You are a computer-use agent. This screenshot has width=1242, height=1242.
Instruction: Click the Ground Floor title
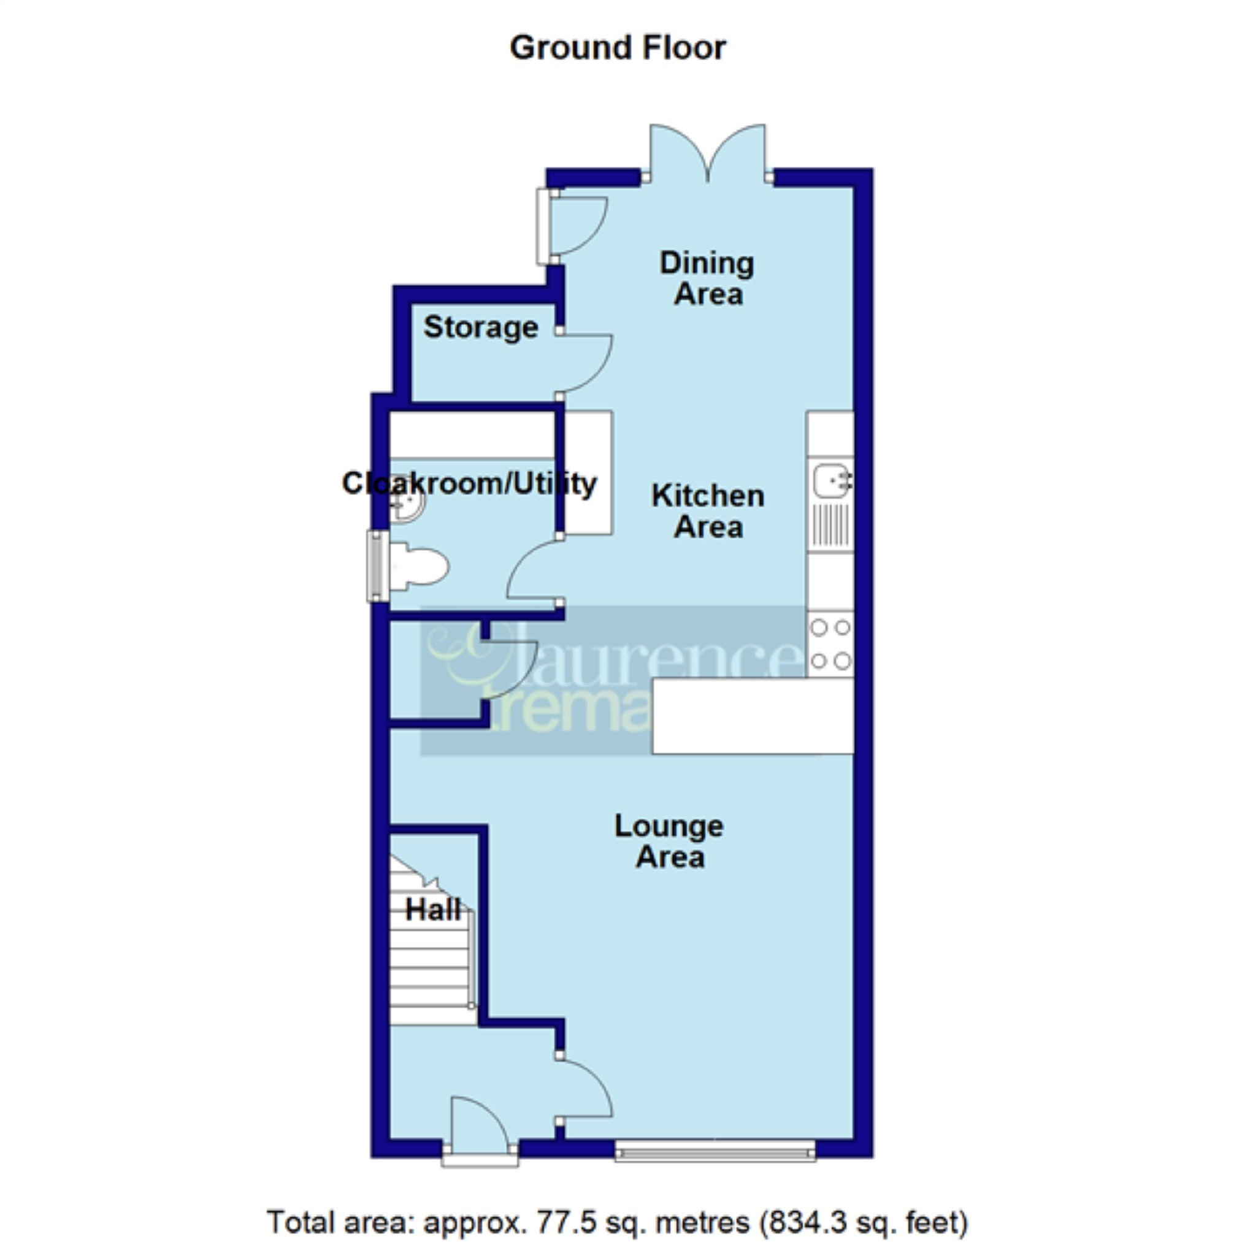click(617, 48)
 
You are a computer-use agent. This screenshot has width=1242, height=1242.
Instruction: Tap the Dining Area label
click(707, 279)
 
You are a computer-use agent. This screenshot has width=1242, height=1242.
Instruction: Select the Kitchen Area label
click(708, 512)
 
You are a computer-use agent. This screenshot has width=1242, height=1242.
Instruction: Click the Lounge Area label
click(669, 841)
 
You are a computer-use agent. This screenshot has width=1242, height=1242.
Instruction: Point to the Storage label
click(480, 328)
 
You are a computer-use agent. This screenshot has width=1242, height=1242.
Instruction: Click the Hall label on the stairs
click(433, 910)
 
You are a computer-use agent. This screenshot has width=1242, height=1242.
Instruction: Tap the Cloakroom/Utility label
click(469, 483)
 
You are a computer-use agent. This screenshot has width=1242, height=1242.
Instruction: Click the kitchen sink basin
click(831, 480)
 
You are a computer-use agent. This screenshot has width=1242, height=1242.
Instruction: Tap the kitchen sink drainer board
click(830, 525)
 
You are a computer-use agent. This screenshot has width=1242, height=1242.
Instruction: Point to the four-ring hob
click(830, 644)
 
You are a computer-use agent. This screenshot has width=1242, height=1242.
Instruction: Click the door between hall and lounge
click(582, 1089)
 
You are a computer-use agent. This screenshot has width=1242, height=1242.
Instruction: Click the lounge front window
click(715, 1150)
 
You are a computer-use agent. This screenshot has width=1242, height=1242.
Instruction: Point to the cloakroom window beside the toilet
click(378, 565)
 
